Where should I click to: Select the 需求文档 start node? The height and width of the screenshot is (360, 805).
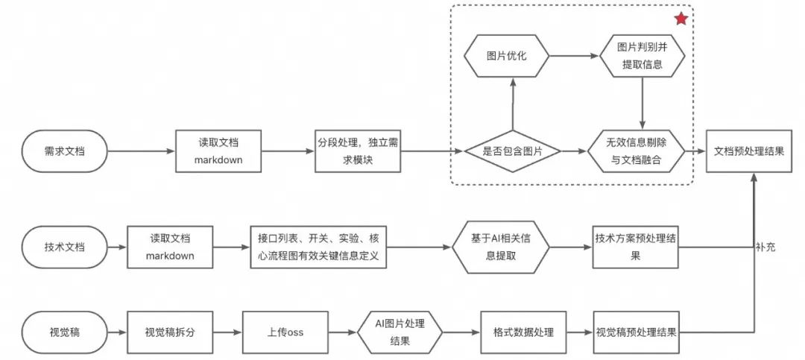pyautogui.click(x=64, y=151)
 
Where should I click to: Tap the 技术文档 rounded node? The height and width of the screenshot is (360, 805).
pyautogui.click(x=64, y=247)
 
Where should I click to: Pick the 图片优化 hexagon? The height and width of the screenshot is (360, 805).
pyautogui.click(x=507, y=55)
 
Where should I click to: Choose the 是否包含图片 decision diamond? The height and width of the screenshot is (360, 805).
pyautogui.click(x=512, y=151)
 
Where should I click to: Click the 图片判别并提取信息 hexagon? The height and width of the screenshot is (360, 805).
pyautogui.click(x=642, y=55)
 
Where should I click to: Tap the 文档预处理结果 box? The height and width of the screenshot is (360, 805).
pyautogui.click(x=748, y=151)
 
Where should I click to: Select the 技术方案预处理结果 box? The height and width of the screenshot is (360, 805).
pyautogui.click(x=636, y=247)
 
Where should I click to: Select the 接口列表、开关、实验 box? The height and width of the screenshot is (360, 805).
pyautogui.click(x=320, y=247)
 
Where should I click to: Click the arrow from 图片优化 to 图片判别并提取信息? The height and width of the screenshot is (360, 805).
pyautogui.click(x=575, y=55)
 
